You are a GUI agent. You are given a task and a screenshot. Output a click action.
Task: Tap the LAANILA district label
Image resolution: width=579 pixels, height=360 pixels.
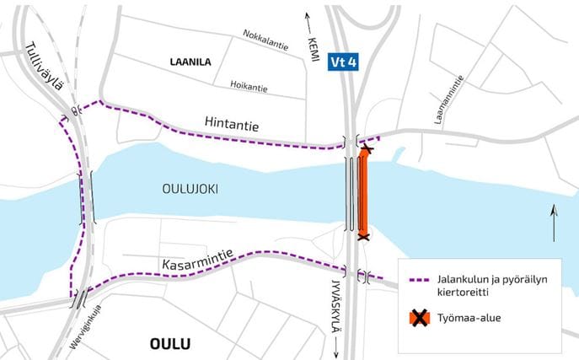click(190, 62)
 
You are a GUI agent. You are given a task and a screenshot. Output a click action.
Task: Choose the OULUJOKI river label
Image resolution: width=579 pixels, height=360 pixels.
click(190, 189)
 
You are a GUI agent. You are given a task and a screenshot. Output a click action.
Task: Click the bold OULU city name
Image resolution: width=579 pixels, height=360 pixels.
click(170, 344)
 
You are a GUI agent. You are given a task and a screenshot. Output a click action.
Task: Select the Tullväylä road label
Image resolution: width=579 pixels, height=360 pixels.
click(42, 67)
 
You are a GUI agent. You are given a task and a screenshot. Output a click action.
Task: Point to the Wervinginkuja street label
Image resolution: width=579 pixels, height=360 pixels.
click(78, 330)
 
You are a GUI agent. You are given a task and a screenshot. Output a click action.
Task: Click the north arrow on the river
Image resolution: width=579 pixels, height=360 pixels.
click(553, 223)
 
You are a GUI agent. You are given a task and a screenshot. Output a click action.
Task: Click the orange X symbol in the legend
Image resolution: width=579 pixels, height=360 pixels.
click(418, 318)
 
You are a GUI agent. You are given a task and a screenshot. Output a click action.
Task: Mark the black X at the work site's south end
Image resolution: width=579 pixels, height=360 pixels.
click(362, 238)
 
